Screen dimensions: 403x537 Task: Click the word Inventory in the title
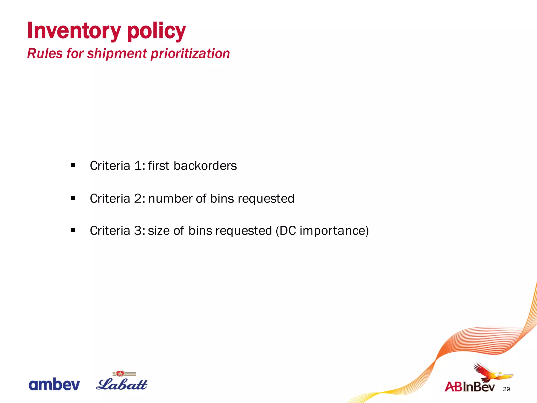point(74,31)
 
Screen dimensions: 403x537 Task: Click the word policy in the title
point(156,31)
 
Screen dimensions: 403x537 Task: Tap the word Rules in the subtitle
point(45,54)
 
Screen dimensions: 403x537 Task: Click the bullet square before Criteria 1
point(73,165)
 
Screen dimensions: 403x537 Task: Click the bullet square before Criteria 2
point(73,198)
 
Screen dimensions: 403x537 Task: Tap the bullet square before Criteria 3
point(73,230)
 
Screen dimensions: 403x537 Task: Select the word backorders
point(205,166)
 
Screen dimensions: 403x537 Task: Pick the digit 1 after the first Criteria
point(138,166)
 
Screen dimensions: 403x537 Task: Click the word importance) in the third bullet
point(334,231)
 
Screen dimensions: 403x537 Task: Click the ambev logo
point(54,385)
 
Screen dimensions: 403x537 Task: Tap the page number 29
point(506,389)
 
